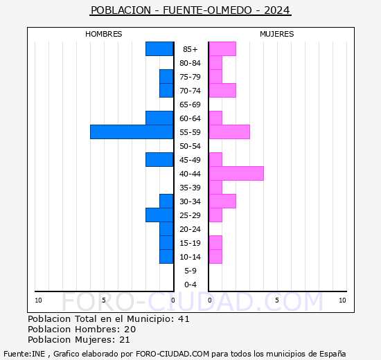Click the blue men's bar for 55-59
(x=132, y=132)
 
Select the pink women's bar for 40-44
(x=236, y=173)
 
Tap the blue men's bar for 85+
(x=159, y=48)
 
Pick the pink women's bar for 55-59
(x=229, y=132)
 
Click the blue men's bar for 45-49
(x=159, y=159)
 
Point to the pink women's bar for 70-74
(x=222, y=90)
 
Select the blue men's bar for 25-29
(x=159, y=215)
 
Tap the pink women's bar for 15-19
(x=215, y=242)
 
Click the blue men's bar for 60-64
(x=159, y=118)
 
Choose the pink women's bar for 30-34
(x=222, y=201)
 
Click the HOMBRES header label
(x=104, y=34)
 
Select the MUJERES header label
(x=277, y=34)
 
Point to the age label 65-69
(x=190, y=105)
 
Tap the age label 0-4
(x=190, y=285)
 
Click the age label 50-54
(x=190, y=146)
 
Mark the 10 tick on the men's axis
(x=38, y=300)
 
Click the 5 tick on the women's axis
(x=276, y=300)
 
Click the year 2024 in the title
(x=277, y=10)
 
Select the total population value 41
(x=184, y=319)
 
